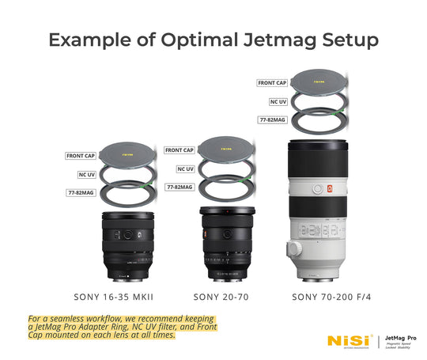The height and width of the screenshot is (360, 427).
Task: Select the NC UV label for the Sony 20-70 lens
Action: [x=184, y=169]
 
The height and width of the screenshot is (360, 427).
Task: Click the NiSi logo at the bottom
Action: [x=347, y=341]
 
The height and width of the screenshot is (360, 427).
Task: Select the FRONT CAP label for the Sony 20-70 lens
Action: [x=179, y=150]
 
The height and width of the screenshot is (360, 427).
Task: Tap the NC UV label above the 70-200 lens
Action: [x=273, y=101]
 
